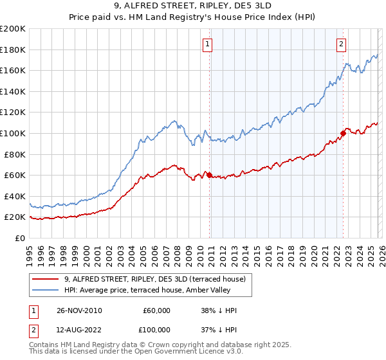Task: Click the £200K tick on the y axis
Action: coord(13,29)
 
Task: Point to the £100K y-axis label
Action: coord(13,133)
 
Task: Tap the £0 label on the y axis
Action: coord(20,238)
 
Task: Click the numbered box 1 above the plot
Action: coord(208,44)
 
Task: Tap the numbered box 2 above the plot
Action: coord(340,44)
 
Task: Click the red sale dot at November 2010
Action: coord(210,175)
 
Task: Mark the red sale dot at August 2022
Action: coord(343,133)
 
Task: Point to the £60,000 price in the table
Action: coord(156,310)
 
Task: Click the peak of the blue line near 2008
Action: coord(174,120)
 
